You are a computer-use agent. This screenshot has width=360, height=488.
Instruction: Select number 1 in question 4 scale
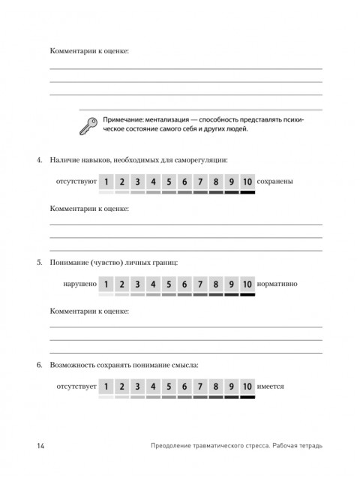pos(106,182)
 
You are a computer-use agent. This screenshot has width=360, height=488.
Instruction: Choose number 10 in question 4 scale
pos(247,182)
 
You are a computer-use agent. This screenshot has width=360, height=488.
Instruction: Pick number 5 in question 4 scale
pos(169,182)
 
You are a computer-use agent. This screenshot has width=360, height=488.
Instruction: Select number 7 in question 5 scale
pos(200,285)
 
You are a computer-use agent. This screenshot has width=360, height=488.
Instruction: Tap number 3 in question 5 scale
pos(137,285)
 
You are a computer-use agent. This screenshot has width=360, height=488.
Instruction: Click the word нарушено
pos(80,285)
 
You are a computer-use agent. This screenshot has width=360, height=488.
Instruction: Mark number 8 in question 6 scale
pos(216,387)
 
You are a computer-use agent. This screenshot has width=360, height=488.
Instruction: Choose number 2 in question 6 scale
pos(122,387)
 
